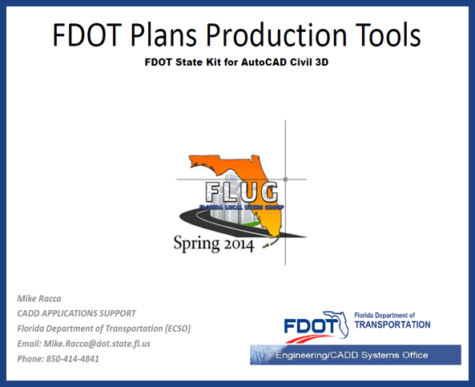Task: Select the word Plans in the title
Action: (168, 36)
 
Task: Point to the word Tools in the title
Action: (384, 36)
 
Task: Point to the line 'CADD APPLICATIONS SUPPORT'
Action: (77, 313)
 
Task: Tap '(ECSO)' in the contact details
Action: (174, 329)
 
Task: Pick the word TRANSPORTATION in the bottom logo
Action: (392, 325)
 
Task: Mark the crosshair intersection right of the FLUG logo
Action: (286, 179)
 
